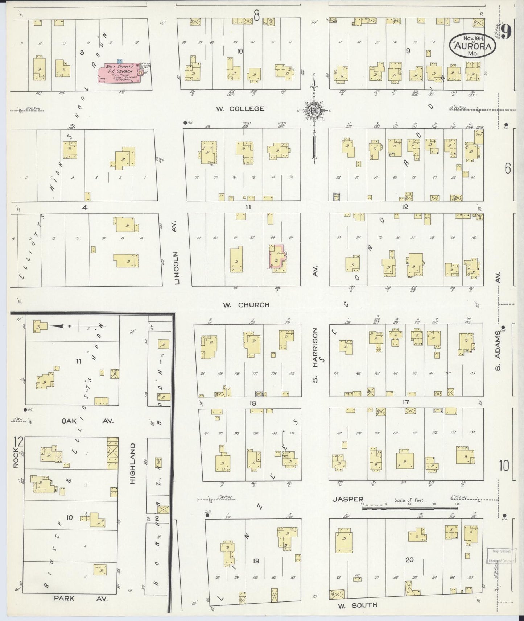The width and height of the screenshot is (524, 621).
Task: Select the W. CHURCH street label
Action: tap(246, 305)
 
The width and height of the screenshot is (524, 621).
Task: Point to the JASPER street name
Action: tap(348, 500)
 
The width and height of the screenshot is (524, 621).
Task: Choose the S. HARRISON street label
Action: tap(315, 355)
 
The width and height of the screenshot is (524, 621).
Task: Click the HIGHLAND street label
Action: tap(133, 464)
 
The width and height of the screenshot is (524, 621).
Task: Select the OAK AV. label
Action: tap(87, 421)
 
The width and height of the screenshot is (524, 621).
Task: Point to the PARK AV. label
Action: tap(81, 599)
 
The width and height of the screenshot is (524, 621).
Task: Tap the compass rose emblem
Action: tap(313, 110)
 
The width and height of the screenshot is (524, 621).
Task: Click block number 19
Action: tap(256, 561)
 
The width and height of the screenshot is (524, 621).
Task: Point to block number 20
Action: tap(409, 560)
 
